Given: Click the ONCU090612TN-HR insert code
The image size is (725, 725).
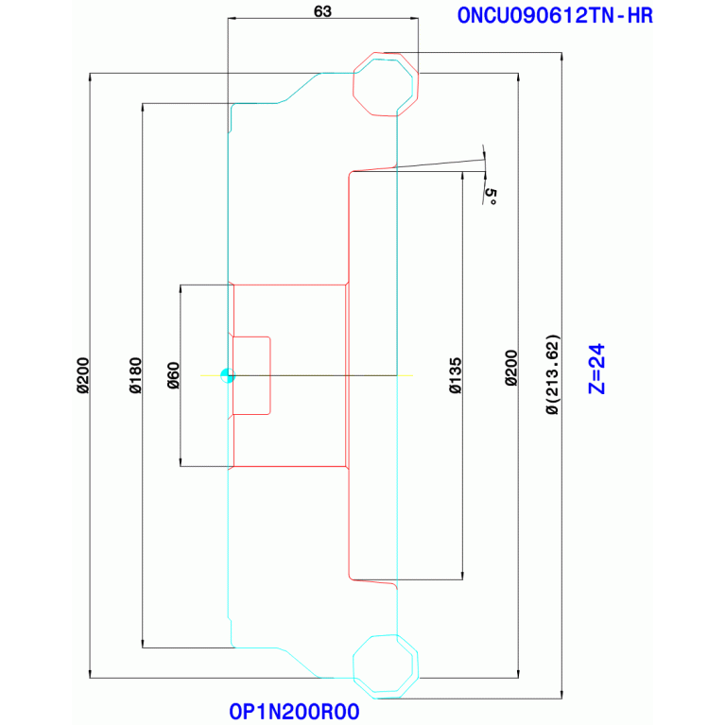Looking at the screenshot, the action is click(x=555, y=16).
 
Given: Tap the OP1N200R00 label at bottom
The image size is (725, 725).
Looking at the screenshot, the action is click(x=294, y=712).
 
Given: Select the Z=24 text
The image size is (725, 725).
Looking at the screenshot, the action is click(x=596, y=369).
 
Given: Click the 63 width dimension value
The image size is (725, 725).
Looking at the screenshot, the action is click(x=322, y=11).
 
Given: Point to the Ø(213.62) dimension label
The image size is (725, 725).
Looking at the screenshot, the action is click(x=553, y=374).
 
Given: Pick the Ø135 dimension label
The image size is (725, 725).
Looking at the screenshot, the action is click(x=455, y=375).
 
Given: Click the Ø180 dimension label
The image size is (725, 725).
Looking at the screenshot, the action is click(x=135, y=375).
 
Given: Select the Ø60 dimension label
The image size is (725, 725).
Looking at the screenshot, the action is click(x=173, y=375).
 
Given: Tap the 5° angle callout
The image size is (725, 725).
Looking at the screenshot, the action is click(x=491, y=197).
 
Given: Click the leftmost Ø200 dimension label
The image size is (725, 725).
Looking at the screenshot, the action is click(x=83, y=375).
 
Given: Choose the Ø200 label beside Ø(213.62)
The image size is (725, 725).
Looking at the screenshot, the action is click(x=511, y=368).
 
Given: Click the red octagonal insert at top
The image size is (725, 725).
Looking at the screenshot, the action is click(x=386, y=84).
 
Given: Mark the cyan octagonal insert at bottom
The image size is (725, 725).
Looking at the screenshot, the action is click(x=386, y=665).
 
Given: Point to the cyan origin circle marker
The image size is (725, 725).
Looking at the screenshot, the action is click(x=228, y=375).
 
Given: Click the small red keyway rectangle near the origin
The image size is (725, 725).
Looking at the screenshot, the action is click(x=251, y=375).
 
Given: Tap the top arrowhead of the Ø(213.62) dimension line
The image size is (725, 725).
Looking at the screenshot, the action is click(x=561, y=57).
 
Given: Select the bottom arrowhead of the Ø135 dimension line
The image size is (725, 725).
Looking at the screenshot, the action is click(x=462, y=576).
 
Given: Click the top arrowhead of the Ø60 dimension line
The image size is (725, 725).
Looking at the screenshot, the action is click(x=181, y=289).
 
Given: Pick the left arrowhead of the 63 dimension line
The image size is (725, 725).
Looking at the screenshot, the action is click(x=233, y=19).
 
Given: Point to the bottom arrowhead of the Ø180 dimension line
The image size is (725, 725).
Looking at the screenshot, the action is click(x=143, y=643).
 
